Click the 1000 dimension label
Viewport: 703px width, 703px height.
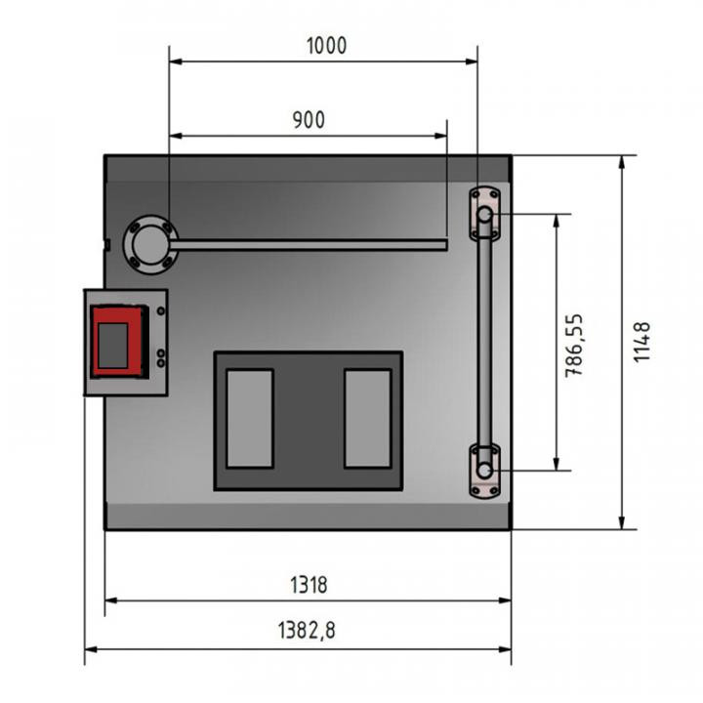326,46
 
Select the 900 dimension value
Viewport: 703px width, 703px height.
309,120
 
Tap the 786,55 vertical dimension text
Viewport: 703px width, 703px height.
575,346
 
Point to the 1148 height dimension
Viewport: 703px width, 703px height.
641,342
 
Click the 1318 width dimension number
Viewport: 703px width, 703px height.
309,585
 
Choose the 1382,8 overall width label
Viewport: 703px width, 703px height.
307,630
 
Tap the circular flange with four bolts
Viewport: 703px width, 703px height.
150,245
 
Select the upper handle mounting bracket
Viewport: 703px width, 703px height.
484,214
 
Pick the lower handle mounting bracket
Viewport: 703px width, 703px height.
484,471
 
